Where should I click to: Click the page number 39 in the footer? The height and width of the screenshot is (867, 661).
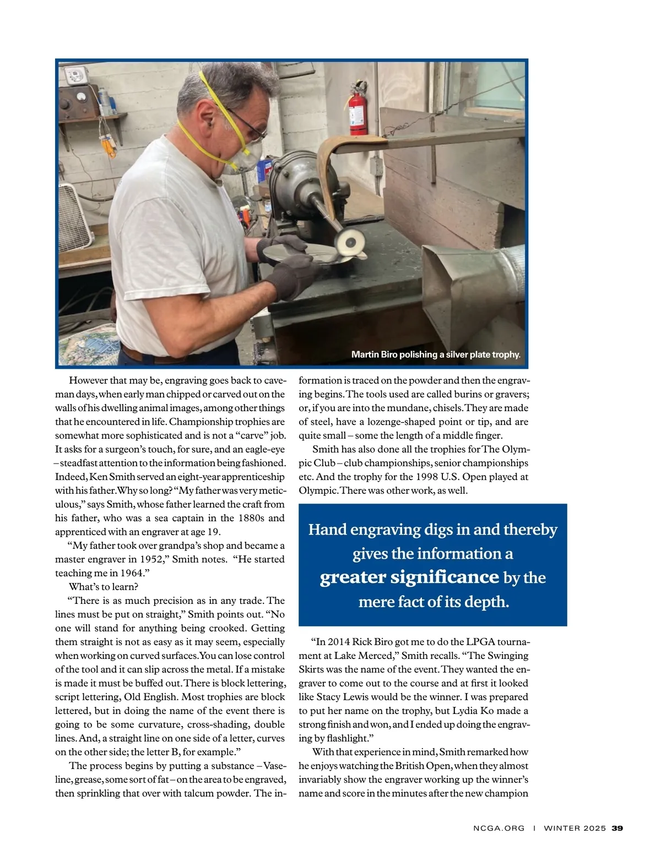coord(617,828)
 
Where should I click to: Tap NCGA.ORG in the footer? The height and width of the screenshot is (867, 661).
coord(499,828)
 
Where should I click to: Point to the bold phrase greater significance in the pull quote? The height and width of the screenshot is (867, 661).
coord(409,577)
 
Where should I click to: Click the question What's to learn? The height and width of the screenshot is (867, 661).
coord(104,587)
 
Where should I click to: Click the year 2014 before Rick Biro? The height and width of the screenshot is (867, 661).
coord(338,642)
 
